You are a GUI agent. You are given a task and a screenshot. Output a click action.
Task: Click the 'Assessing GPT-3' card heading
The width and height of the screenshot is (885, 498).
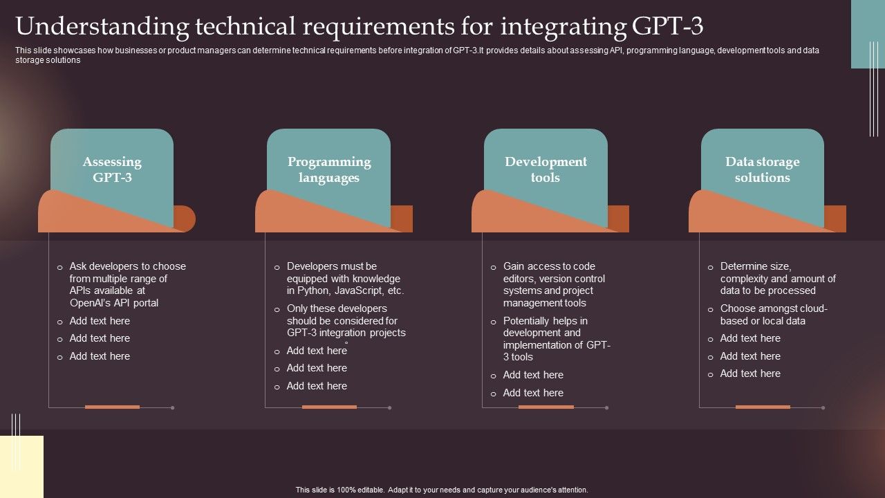pyautogui.click(x=112, y=169)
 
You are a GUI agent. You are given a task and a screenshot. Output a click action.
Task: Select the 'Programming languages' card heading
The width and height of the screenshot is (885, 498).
pyautogui.click(x=329, y=169)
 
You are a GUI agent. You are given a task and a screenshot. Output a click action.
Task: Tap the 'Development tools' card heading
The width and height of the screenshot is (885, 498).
pyautogui.click(x=546, y=169)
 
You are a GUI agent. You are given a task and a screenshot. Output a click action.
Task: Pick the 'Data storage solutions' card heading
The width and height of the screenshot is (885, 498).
pyautogui.click(x=763, y=169)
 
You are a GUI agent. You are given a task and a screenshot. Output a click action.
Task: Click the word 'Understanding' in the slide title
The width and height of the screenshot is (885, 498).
pyautogui.click(x=102, y=27)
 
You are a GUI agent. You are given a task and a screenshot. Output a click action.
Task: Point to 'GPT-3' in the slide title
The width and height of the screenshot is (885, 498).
pyautogui.click(x=668, y=26)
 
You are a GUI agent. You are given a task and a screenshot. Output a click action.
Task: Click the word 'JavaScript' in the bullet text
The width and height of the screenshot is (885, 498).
pyautogui.click(x=359, y=290)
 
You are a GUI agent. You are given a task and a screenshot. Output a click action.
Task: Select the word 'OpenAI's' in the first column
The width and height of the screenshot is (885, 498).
pyautogui.click(x=89, y=303)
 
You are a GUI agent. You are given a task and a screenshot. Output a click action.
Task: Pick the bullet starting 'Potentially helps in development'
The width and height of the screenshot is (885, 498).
pyautogui.click(x=551, y=339)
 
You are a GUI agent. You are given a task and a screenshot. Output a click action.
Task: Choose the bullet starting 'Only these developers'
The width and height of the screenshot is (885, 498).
pyautogui.click(x=340, y=320)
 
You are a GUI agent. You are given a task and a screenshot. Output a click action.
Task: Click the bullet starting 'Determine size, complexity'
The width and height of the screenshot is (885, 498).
pyautogui.click(x=772, y=278)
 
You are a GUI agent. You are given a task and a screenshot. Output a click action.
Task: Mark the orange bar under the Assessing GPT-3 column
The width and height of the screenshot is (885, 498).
pyautogui.click(x=112, y=407)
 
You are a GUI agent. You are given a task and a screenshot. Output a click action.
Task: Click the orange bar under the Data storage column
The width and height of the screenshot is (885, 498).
pyautogui.click(x=763, y=407)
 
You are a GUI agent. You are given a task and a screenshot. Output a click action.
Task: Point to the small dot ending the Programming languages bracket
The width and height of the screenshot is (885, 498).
pyautogui.click(x=389, y=407)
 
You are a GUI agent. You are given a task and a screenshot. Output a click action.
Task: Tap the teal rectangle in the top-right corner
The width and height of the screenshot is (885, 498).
pyautogui.click(x=868, y=35)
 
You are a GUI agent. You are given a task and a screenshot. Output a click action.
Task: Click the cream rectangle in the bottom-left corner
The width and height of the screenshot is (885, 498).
pyautogui.click(x=21, y=467)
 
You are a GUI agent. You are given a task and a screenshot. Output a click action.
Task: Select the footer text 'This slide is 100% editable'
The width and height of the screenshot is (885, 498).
pyautogui.click(x=339, y=490)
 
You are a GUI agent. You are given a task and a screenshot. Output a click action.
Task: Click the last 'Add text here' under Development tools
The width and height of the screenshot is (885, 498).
pyautogui.click(x=533, y=393)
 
